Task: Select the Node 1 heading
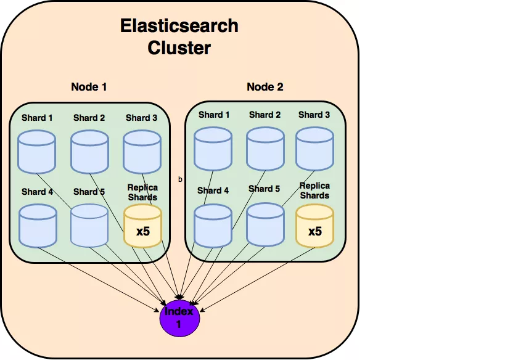click(x=89, y=87)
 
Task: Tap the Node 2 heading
click(x=265, y=87)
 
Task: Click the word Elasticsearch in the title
click(x=179, y=27)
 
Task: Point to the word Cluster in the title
click(x=179, y=47)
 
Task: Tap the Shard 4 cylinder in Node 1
click(x=38, y=226)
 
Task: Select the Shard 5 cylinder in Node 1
click(x=89, y=226)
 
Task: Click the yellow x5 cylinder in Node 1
click(x=142, y=226)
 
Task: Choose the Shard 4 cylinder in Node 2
click(x=213, y=225)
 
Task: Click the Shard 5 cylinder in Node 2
click(x=265, y=225)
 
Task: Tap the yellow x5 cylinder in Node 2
click(x=314, y=225)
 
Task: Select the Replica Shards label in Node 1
click(x=142, y=192)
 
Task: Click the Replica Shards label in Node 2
click(x=314, y=190)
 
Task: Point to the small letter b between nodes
click(x=180, y=179)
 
